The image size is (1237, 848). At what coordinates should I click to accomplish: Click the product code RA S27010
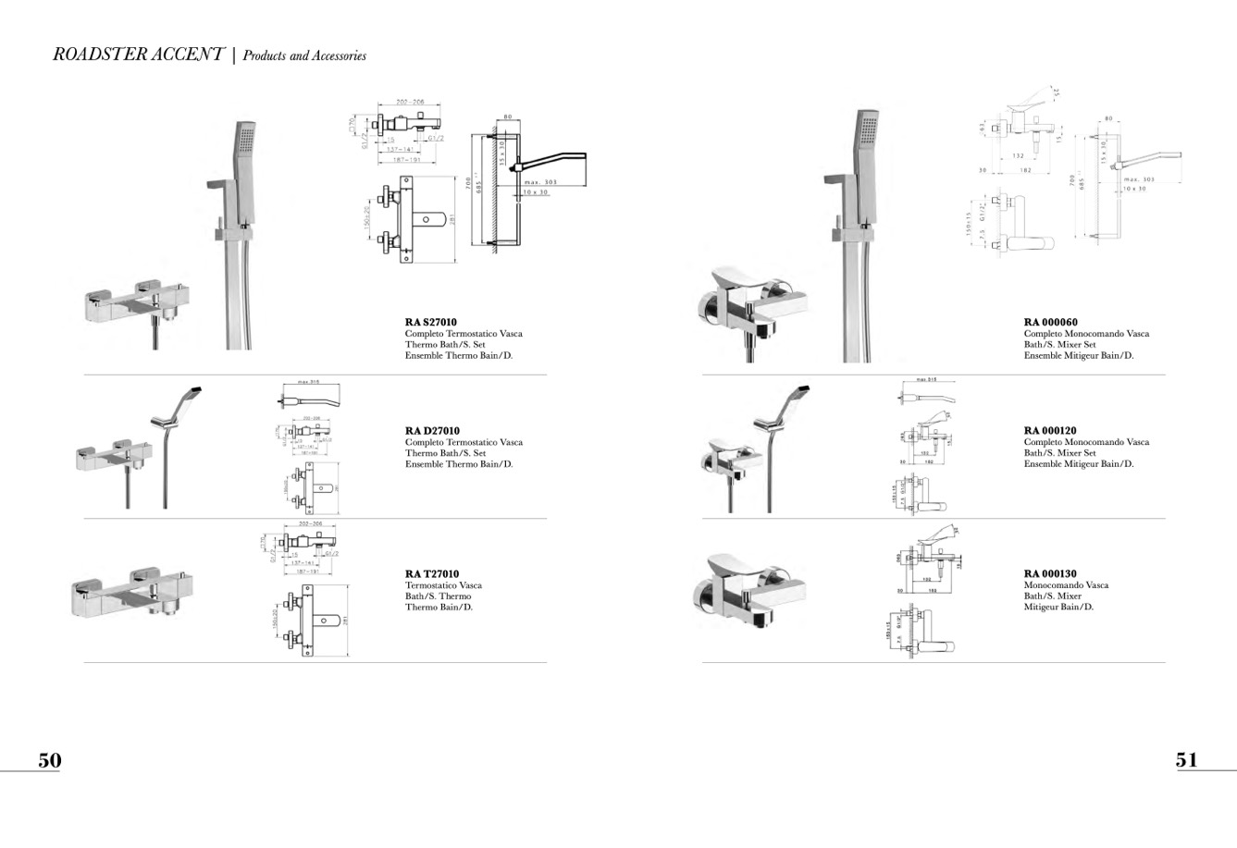click(430, 323)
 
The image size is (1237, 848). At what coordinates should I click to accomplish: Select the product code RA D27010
click(432, 431)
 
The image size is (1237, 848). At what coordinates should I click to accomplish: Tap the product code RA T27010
click(431, 574)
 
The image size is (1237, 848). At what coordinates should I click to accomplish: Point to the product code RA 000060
click(1050, 323)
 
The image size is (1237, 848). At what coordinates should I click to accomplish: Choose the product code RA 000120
click(1050, 431)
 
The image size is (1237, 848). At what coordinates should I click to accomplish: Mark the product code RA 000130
click(1050, 574)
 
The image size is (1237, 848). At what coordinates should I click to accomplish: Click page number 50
click(49, 760)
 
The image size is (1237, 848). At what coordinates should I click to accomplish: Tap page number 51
click(1186, 760)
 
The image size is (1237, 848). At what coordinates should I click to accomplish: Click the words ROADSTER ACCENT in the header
click(138, 55)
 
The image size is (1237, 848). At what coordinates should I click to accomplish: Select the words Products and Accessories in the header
click(304, 56)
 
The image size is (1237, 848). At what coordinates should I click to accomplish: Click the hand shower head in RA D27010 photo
click(192, 392)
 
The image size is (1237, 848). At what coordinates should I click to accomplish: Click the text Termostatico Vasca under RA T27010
click(443, 585)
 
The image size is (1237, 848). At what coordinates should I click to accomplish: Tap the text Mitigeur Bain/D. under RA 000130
click(1058, 608)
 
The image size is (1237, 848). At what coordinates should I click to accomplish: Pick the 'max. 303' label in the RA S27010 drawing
click(540, 183)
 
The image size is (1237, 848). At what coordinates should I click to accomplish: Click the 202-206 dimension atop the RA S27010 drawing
click(409, 103)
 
